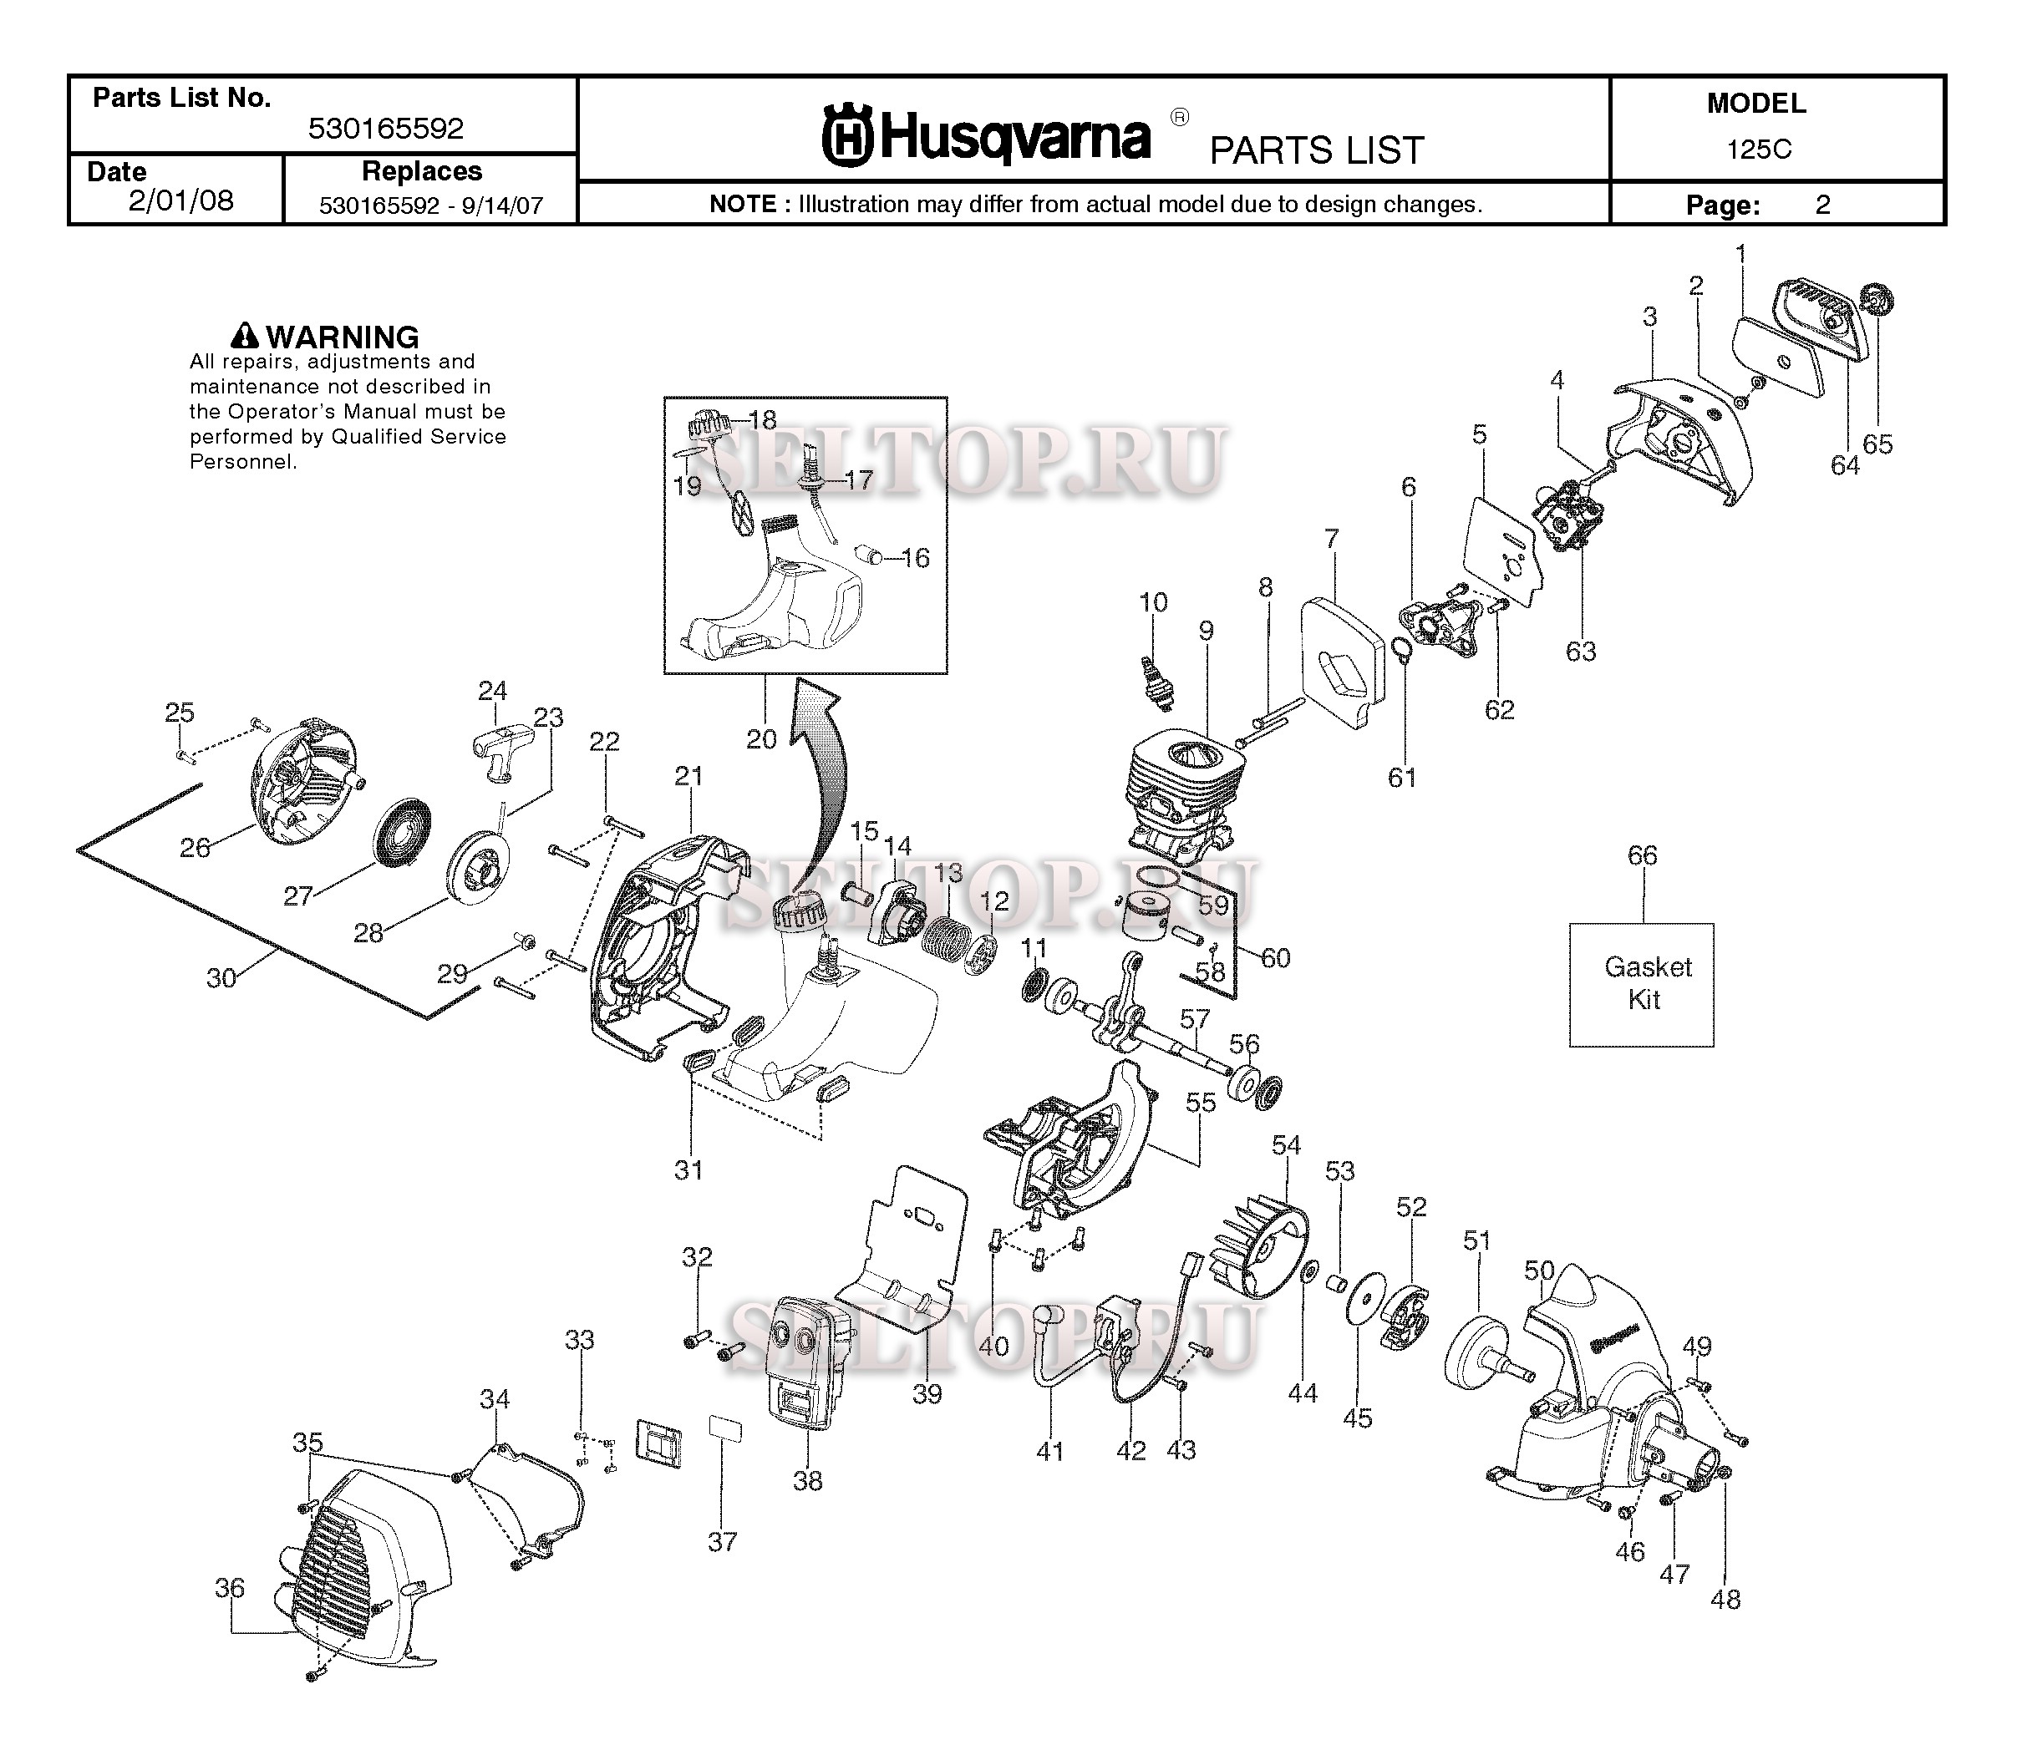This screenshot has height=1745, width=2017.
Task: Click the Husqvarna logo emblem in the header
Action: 847,135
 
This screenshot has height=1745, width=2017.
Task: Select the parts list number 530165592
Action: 386,128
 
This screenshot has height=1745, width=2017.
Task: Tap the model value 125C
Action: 1759,149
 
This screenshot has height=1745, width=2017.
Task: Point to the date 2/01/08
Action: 181,200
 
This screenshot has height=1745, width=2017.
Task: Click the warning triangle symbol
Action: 246,336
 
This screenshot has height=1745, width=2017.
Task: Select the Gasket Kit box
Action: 1642,985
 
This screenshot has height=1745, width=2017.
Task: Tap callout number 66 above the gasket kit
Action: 1642,855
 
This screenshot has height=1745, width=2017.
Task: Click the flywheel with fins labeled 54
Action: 1259,1246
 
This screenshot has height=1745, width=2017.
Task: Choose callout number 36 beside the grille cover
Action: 230,1588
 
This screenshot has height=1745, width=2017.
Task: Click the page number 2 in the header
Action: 1823,205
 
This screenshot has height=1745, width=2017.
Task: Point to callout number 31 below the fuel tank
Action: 688,1169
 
